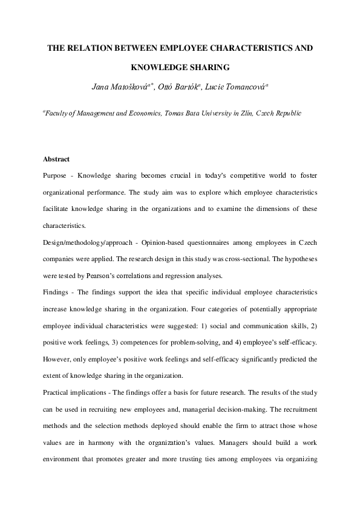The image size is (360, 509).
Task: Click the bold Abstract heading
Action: [56, 159]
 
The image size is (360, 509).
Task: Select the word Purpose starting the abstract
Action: [56, 175]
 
